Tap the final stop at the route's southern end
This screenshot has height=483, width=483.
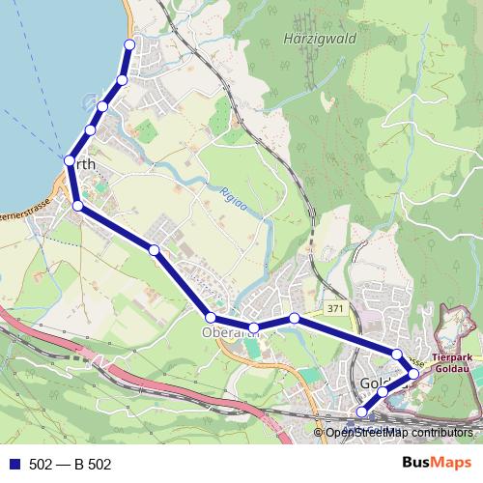pos(362,413)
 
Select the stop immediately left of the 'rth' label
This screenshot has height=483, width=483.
pos(70,160)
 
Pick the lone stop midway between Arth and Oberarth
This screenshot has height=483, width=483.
pos(155,250)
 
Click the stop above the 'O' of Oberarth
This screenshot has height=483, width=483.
pos(210,318)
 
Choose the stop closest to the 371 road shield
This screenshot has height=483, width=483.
pos(294,318)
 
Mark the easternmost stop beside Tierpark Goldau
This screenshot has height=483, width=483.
pos(413,373)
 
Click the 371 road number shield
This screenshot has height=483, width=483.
pos(335,308)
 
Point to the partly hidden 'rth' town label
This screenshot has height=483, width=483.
pos(86,165)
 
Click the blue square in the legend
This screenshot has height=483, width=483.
pos(15,464)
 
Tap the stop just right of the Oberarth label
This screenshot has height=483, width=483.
pos(254,328)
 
